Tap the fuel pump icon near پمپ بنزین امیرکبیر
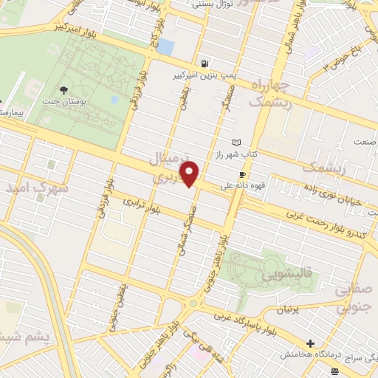pos(204,63)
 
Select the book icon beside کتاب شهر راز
pos(236,142)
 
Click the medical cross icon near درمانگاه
pos(310,344)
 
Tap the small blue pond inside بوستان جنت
pos(114,99)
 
